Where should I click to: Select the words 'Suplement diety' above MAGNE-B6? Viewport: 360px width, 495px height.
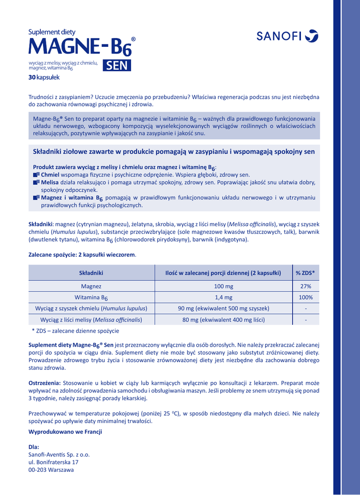click(x=48, y=32)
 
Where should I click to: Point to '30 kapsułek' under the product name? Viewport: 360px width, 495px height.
click(x=44, y=77)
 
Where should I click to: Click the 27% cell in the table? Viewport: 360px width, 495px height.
click(x=306, y=286)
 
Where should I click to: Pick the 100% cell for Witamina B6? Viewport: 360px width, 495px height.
click(x=306, y=297)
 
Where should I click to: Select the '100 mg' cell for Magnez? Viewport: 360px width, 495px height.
click(x=223, y=286)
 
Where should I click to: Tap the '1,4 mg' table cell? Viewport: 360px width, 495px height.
click(x=223, y=297)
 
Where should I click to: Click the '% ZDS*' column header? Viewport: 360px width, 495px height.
click(x=306, y=273)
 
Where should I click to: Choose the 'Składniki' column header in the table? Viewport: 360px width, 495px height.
click(x=91, y=273)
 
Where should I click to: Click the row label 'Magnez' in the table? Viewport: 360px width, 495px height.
click(x=91, y=286)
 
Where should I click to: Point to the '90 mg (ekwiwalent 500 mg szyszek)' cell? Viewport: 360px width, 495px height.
click(x=223, y=308)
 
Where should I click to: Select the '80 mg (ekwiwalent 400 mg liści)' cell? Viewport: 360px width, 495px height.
click(x=223, y=320)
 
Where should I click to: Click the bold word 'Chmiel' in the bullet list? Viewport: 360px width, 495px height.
click(x=50, y=174)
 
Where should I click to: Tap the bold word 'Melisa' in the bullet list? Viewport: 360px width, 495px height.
click(x=50, y=182)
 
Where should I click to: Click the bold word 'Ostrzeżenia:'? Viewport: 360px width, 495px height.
click(x=45, y=382)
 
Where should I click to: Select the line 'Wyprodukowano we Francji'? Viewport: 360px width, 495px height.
click(x=65, y=432)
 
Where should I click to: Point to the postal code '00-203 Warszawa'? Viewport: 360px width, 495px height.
click(x=51, y=470)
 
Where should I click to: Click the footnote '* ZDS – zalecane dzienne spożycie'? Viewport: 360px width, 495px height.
click(x=75, y=331)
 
